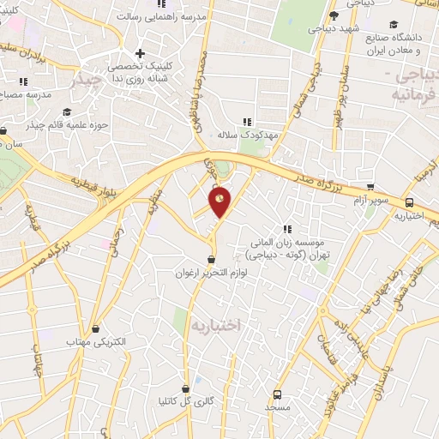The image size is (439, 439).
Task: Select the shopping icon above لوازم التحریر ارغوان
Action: pos(210,260)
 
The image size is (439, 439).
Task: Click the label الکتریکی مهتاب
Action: pos(96,342)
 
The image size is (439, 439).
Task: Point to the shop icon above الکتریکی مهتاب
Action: pos(96,328)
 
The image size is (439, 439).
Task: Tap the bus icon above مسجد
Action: pos(277,394)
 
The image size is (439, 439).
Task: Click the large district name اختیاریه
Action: pos(216,326)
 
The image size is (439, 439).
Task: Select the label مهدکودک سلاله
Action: pos(250,135)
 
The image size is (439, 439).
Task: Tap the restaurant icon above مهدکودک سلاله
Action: pos(248,122)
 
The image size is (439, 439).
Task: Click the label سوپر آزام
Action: pos(370,200)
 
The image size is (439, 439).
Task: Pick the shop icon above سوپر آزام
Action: pos(370,186)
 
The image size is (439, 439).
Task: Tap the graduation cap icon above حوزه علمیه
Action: pos(68,111)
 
